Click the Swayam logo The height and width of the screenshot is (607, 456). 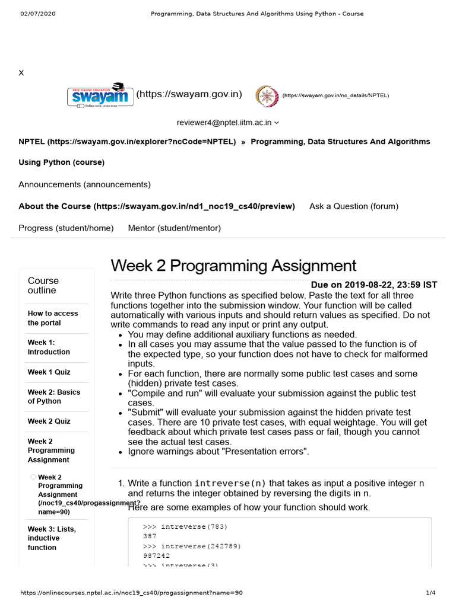point(100,95)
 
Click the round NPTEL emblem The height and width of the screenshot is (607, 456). point(267,96)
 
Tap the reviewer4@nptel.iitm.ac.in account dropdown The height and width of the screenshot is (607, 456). point(227,123)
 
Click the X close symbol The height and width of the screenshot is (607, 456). point(21,72)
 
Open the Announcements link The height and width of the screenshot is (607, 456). point(84,184)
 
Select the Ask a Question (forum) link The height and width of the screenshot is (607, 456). point(354,206)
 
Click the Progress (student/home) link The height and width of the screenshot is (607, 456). point(66,228)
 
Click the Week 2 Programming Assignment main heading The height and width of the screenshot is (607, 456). point(233,265)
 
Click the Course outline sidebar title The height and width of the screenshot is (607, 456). point(43,285)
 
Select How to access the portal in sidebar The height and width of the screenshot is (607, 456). point(53,318)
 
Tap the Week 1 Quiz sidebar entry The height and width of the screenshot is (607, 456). point(49,372)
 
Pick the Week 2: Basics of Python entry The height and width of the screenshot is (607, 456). point(54,397)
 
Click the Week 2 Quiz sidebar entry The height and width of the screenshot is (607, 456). point(49,421)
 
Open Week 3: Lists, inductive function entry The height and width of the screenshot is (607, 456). point(52,538)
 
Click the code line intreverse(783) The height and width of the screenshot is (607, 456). point(185,526)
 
